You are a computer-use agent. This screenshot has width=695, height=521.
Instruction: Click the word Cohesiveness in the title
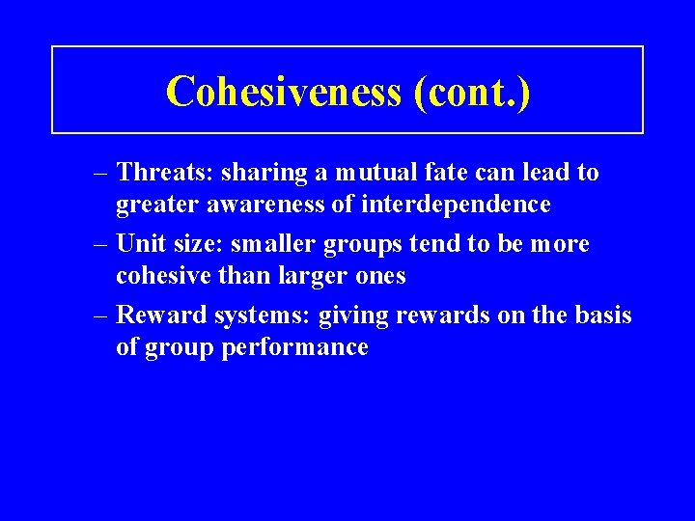coord(283,92)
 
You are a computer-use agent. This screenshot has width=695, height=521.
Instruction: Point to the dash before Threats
coord(101,173)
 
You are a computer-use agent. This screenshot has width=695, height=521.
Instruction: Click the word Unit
coord(139,244)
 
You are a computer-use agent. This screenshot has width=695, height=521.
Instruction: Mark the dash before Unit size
coord(101,244)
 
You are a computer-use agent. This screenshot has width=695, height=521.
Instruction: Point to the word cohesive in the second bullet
coord(160,276)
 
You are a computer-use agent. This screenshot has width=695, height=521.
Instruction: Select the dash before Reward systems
coord(101,315)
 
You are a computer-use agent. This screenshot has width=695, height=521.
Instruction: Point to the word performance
coord(295,347)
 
